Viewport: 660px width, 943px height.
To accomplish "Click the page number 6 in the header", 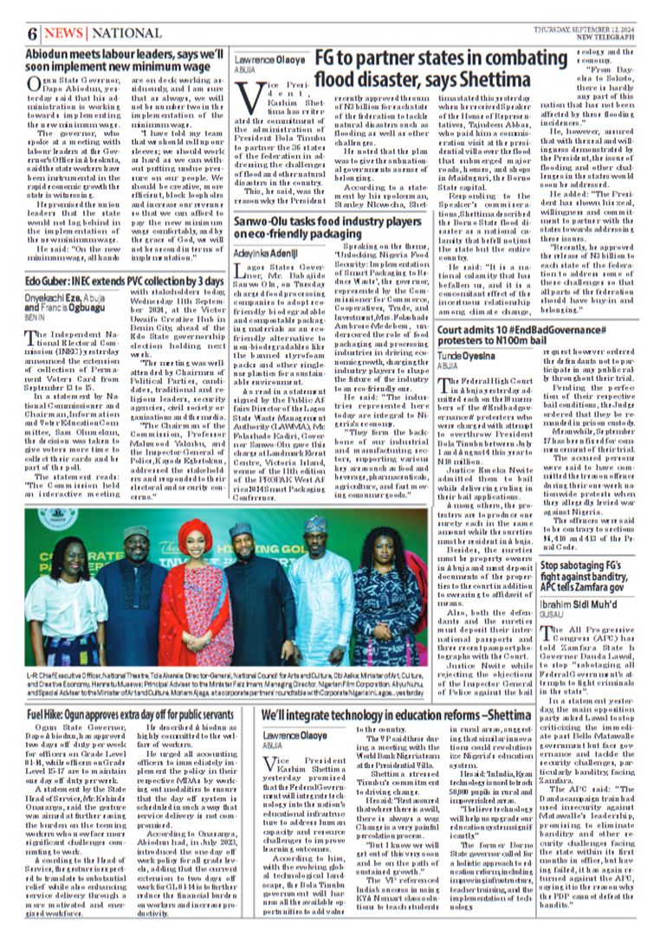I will pos(32,34).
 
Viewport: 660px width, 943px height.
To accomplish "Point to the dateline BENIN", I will pos(35,319).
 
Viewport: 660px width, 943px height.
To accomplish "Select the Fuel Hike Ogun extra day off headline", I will pos(130,715).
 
